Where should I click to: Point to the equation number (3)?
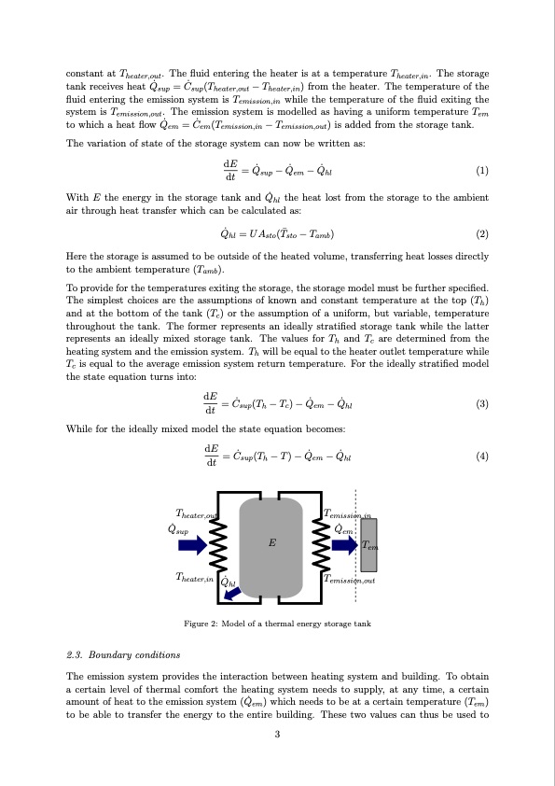pyautogui.click(x=481, y=404)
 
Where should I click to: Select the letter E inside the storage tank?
pyautogui.click(x=271, y=540)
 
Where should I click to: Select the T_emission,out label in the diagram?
pyautogui.click(x=349, y=581)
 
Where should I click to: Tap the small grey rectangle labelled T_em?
pyautogui.click(x=369, y=546)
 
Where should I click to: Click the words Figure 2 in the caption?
pyautogui.click(x=201, y=624)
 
